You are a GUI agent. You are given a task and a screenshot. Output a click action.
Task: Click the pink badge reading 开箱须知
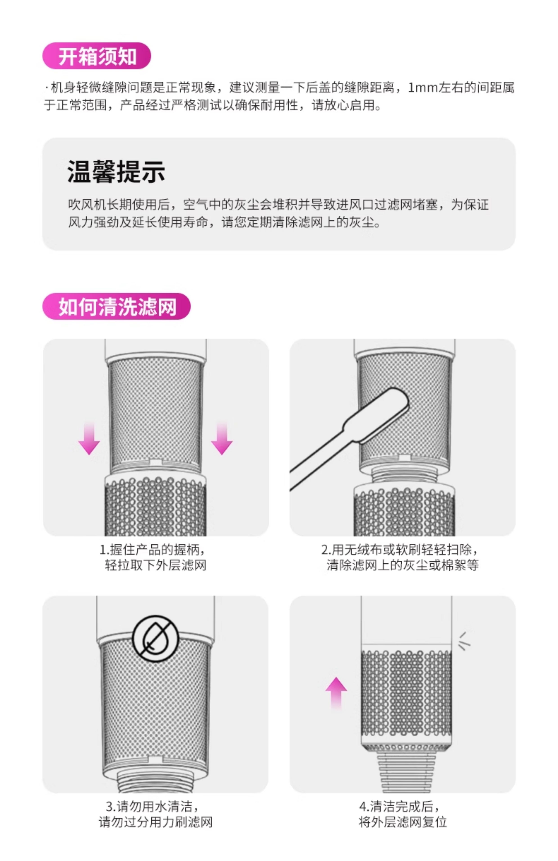pyautogui.click(x=97, y=56)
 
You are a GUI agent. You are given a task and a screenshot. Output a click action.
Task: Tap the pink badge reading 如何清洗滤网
pyautogui.click(x=116, y=306)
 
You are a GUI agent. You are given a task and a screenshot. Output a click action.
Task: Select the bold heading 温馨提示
pyautogui.click(x=116, y=171)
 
